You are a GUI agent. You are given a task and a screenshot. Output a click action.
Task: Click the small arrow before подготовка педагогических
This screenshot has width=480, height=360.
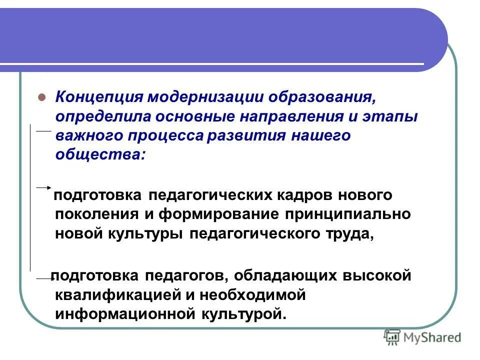tap(44, 188)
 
